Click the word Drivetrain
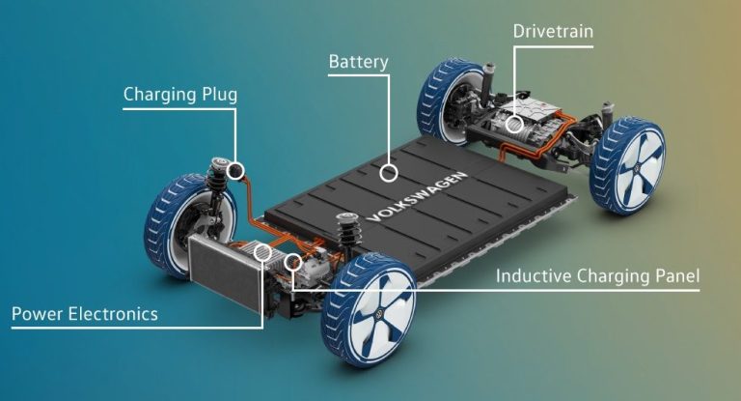553,32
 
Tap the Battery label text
359,62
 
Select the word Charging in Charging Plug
160,95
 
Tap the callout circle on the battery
389,173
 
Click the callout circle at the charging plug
235,170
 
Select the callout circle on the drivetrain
514,125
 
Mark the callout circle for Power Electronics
262,252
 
